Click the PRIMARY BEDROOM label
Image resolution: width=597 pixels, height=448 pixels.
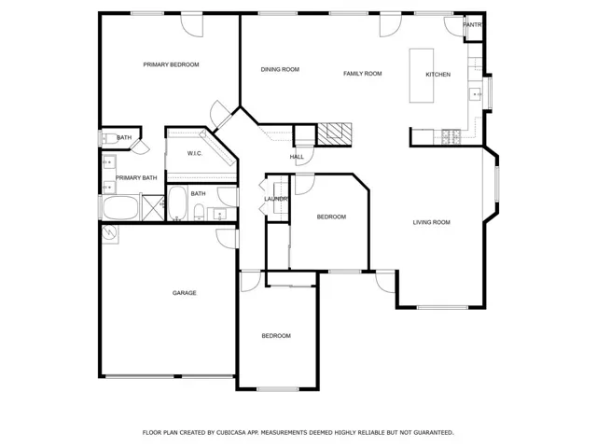(171, 64)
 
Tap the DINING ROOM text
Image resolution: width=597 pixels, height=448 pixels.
(280, 69)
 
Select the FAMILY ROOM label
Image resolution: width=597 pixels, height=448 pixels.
(363, 73)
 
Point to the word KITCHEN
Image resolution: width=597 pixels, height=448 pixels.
(438, 75)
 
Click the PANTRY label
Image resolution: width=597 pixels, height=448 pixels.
(473, 24)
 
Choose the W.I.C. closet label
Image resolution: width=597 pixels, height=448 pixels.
(195, 153)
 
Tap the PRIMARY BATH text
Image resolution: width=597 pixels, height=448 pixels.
(136, 177)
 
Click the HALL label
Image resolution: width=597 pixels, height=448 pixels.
(298, 157)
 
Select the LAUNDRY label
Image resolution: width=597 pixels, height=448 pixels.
(276, 199)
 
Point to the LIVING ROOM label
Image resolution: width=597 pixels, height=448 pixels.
(432, 222)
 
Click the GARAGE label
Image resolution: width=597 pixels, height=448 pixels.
(184, 293)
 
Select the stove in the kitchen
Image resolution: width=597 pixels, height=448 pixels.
(450, 137)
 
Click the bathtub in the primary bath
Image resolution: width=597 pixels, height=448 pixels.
(118, 207)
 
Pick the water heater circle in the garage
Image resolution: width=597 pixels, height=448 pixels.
(110, 233)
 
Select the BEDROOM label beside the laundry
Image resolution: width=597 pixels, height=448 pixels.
(331, 217)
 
